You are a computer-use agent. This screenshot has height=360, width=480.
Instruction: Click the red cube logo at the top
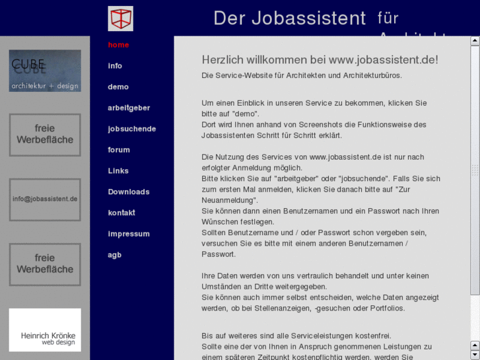[120, 18]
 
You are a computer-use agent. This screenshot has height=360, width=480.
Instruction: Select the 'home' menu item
[118, 45]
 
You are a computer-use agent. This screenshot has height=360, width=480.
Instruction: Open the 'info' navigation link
[115, 66]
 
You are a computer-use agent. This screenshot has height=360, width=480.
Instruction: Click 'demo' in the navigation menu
[118, 87]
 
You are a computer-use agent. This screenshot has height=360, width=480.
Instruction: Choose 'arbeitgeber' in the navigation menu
[129, 108]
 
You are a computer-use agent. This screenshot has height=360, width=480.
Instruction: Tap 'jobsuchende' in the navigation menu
[132, 129]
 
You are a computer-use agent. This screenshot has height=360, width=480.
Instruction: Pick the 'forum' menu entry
[119, 150]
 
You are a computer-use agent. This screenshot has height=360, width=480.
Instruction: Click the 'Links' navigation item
[118, 171]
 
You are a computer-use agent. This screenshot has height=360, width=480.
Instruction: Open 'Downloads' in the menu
[129, 192]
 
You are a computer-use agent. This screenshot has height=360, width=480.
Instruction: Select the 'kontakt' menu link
[121, 213]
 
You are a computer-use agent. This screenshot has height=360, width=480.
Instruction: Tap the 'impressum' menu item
[129, 234]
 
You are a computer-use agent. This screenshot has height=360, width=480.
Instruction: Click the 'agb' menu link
[115, 255]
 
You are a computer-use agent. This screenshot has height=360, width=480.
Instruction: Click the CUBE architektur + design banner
[45, 71]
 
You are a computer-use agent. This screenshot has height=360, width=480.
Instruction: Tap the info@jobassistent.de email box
[45, 199]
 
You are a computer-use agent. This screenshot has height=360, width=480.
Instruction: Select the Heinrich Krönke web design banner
[45, 330]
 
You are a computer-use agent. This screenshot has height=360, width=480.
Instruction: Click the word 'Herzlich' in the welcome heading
[223, 60]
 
